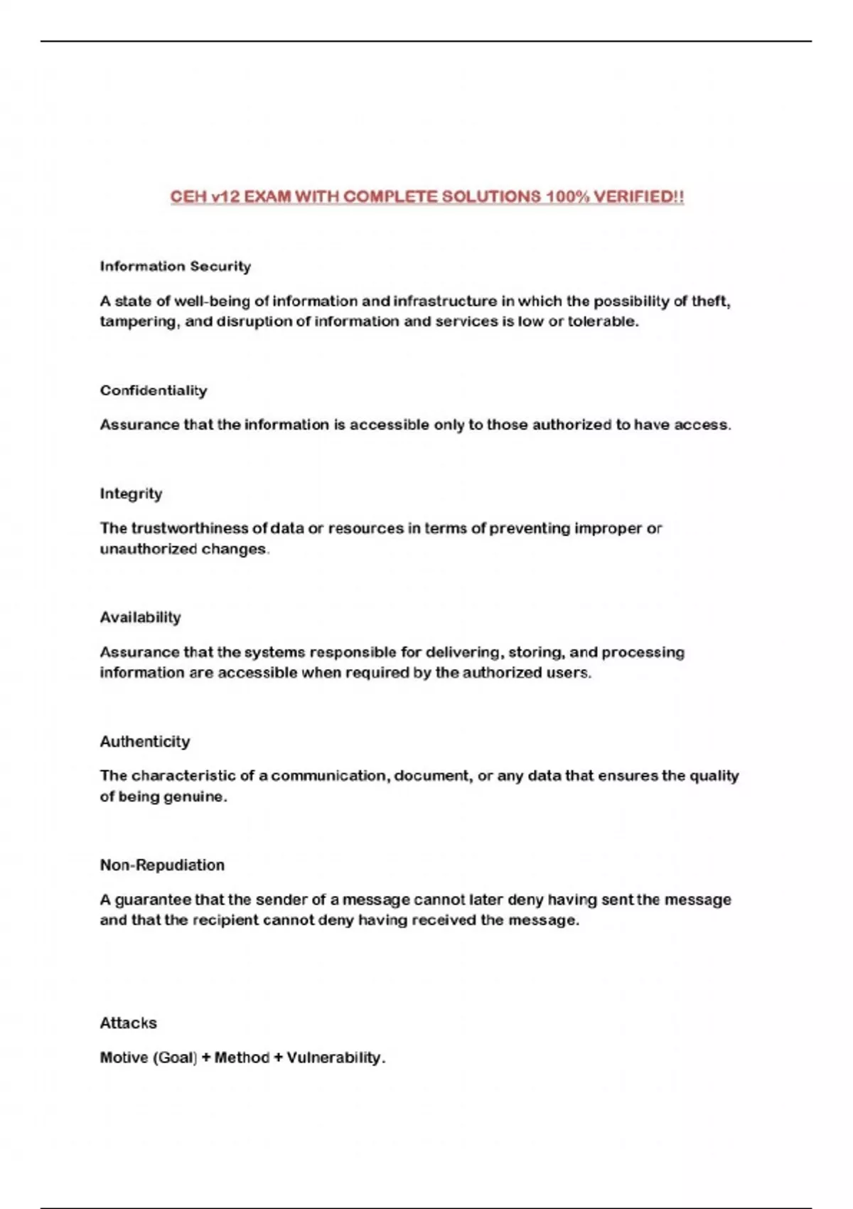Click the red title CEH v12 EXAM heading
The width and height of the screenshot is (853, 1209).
426,197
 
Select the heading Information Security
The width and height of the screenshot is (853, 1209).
175,267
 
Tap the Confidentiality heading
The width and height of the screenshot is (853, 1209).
154,390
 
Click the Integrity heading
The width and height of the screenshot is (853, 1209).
131,494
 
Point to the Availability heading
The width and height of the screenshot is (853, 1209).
140,617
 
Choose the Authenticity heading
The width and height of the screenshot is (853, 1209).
144,742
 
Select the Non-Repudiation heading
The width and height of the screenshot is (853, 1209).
162,866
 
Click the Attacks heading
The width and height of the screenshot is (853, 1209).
128,1023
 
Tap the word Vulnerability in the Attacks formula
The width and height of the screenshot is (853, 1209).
335,1058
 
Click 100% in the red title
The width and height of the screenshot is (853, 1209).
567,197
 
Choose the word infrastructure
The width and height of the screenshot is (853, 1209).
445,302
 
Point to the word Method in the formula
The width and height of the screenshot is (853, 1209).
242,1058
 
